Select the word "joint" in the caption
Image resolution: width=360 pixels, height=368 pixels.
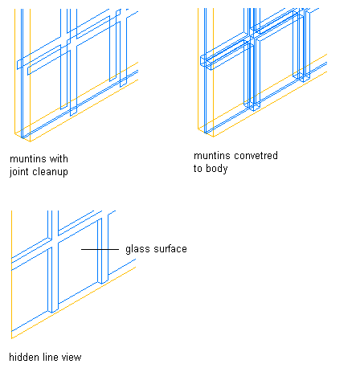(18, 172)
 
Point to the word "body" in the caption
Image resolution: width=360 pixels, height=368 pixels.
(217, 169)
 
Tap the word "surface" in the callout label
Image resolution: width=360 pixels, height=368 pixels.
(170, 249)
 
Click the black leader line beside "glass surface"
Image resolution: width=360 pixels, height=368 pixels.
(100, 249)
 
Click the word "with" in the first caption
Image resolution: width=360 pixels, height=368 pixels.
(59, 159)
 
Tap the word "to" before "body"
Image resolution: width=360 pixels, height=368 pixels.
(198, 169)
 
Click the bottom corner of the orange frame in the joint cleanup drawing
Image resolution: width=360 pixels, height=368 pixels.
(30, 141)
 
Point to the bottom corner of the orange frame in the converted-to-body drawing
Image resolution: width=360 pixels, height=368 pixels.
(213, 137)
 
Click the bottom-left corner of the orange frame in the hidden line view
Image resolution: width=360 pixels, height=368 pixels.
(11, 338)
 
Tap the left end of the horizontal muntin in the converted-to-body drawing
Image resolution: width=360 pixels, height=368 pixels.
(201, 60)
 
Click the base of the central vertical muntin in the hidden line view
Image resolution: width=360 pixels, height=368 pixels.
(53, 312)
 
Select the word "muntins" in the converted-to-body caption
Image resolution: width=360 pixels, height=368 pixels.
(212, 156)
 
